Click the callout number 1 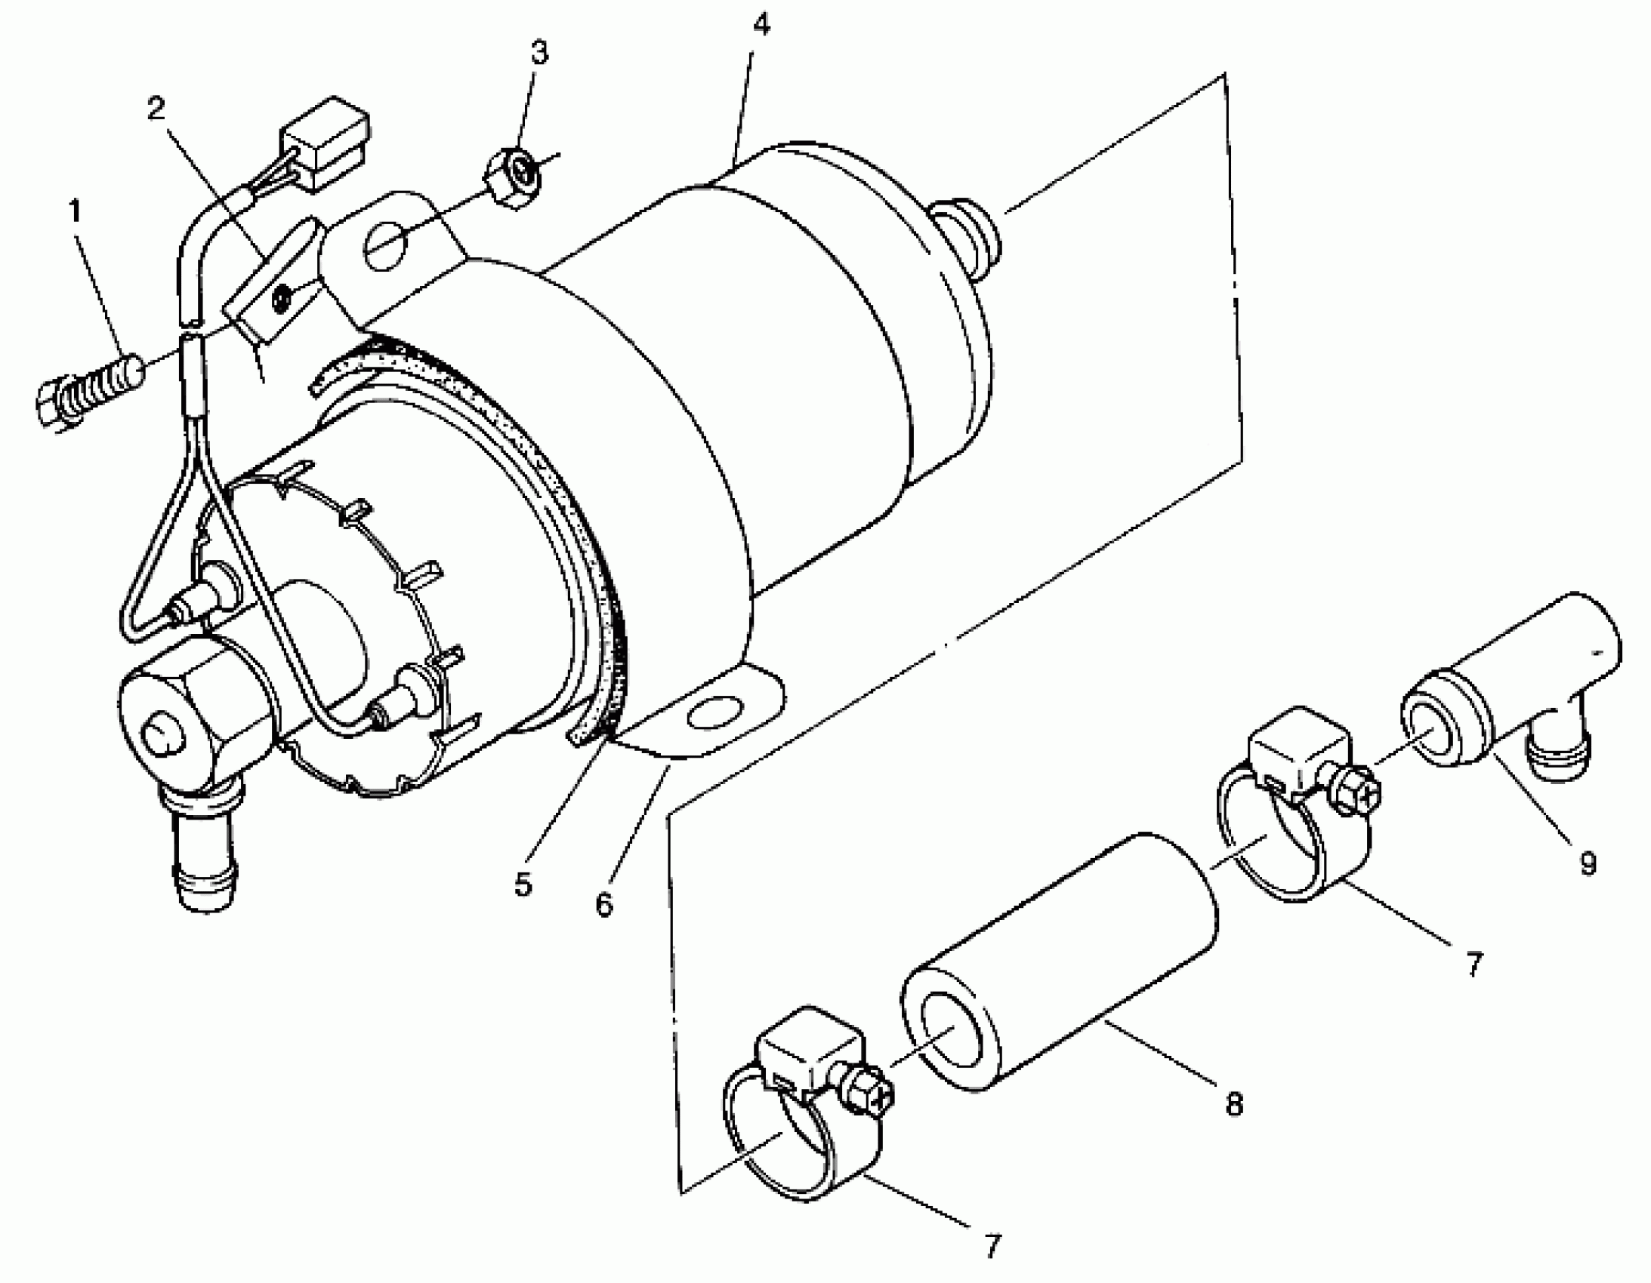click(75, 211)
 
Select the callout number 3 click(539, 53)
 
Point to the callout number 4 click(761, 25)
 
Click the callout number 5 click(523, 884)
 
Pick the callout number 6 click(604, 903)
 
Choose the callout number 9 click(1588, 862)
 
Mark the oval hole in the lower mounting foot click(714, 712)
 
